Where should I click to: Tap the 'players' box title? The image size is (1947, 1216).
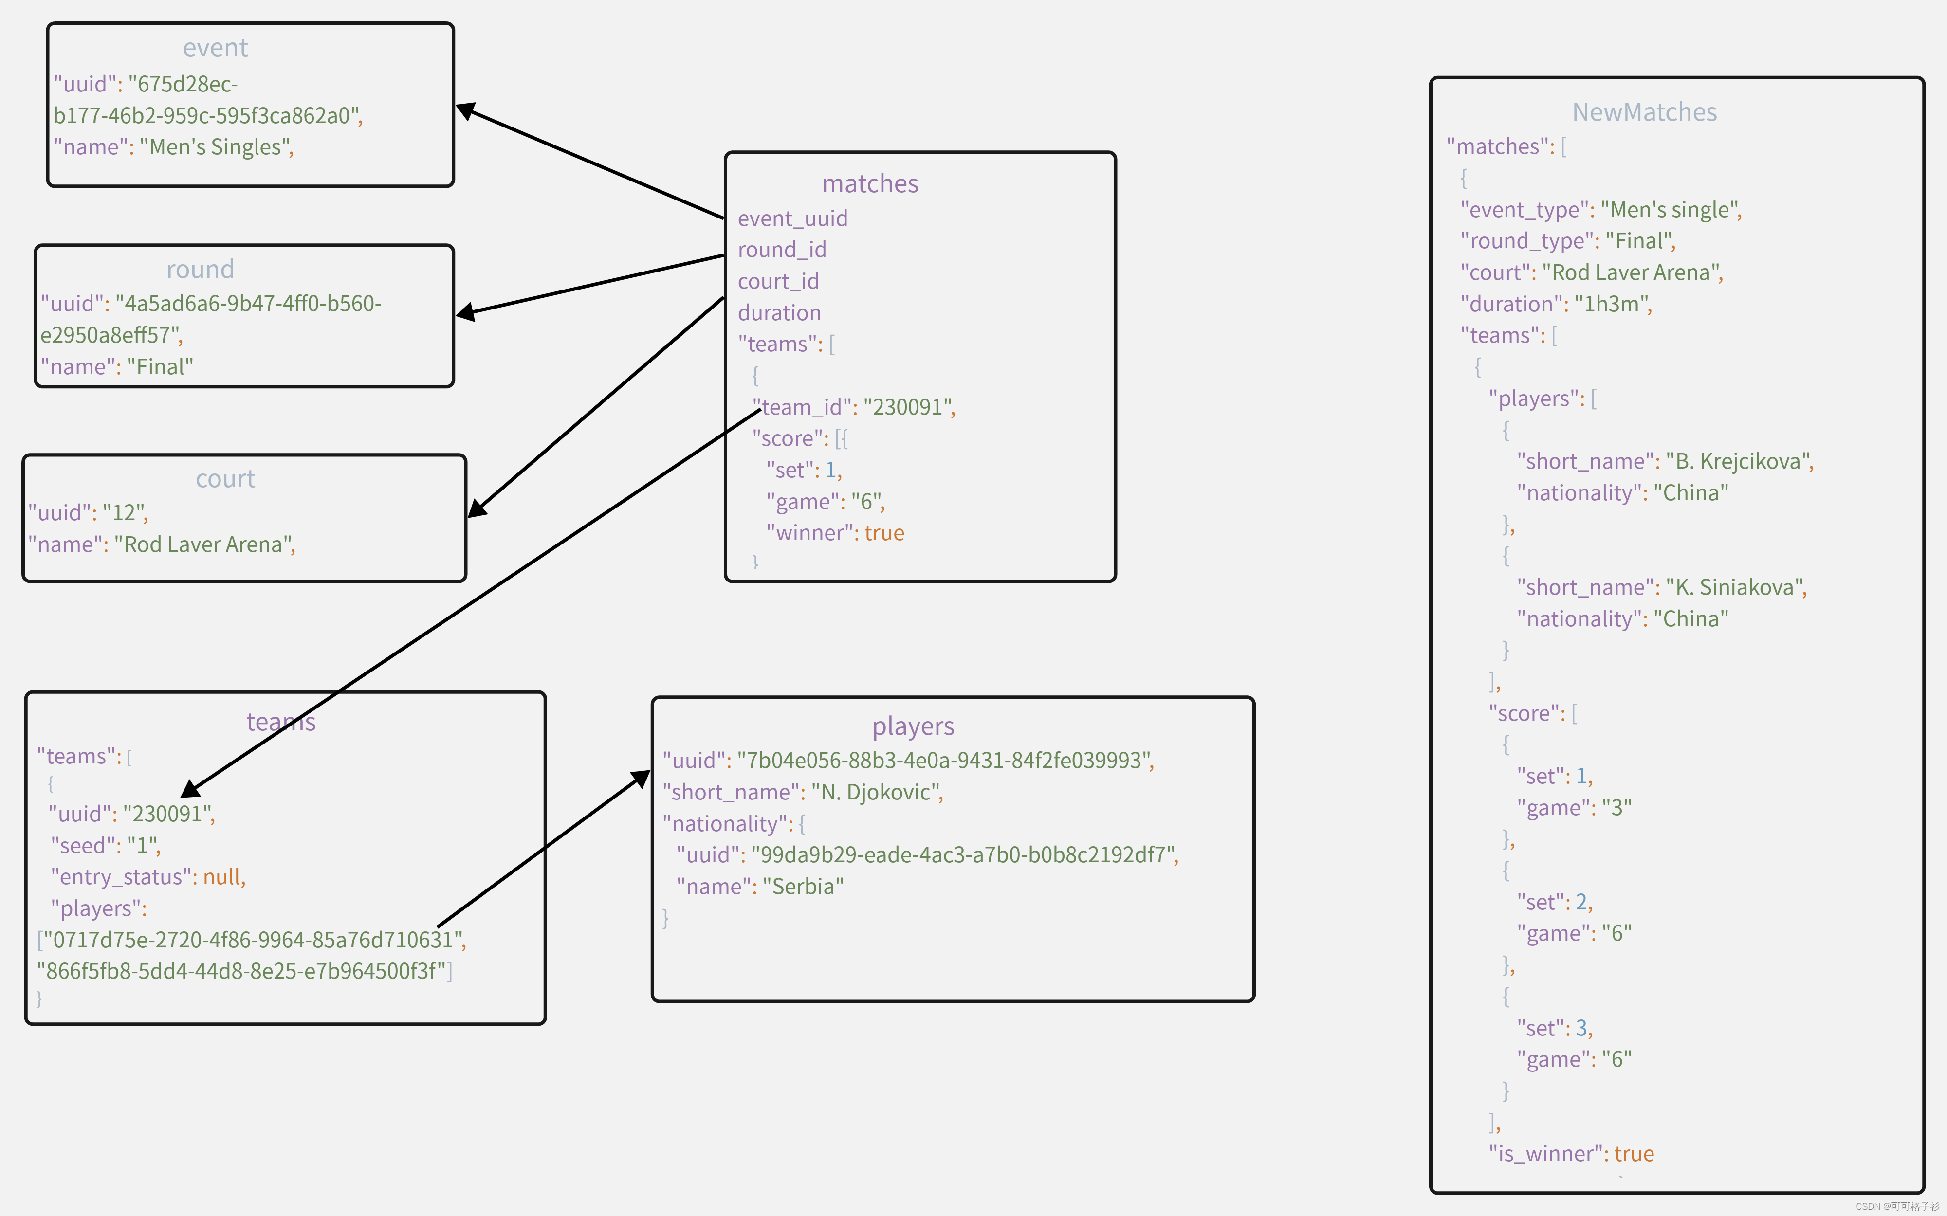point(913,726)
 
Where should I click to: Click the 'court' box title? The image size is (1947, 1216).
point(225,479)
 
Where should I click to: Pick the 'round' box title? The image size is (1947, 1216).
point(201,270)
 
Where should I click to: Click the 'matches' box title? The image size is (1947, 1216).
point(870,184)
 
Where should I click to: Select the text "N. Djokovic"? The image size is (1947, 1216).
point(875,792)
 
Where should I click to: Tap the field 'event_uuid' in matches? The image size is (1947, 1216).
point(792,219)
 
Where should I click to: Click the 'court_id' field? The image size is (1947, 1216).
point(778,281)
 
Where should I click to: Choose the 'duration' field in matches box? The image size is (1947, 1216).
point(779,313)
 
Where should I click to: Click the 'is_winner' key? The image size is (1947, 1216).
point(1545,1154)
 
